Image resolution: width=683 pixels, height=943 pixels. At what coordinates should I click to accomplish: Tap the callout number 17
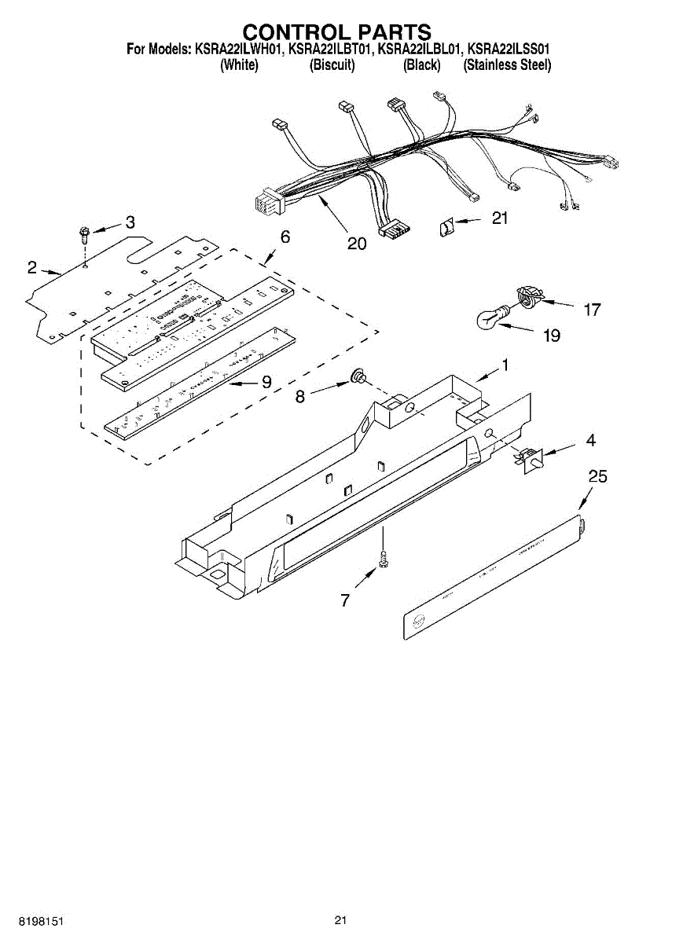592,310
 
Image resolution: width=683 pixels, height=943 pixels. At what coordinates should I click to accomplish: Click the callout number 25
597,476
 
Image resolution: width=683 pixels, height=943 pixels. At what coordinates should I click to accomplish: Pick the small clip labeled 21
446,228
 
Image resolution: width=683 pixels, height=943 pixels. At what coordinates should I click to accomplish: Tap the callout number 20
357,244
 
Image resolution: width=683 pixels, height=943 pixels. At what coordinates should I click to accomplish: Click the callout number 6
285,236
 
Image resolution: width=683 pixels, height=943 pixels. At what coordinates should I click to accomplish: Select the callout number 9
266,382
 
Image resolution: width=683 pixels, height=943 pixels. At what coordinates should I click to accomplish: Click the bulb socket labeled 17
527,297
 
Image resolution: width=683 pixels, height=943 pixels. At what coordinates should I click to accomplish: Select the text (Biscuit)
332,65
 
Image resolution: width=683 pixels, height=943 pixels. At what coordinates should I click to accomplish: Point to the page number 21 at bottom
340,920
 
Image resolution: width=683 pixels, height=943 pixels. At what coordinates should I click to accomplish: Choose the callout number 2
31,268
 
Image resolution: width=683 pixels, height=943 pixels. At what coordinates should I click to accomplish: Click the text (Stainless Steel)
507,65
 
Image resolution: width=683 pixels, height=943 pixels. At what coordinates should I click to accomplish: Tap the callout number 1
505,365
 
